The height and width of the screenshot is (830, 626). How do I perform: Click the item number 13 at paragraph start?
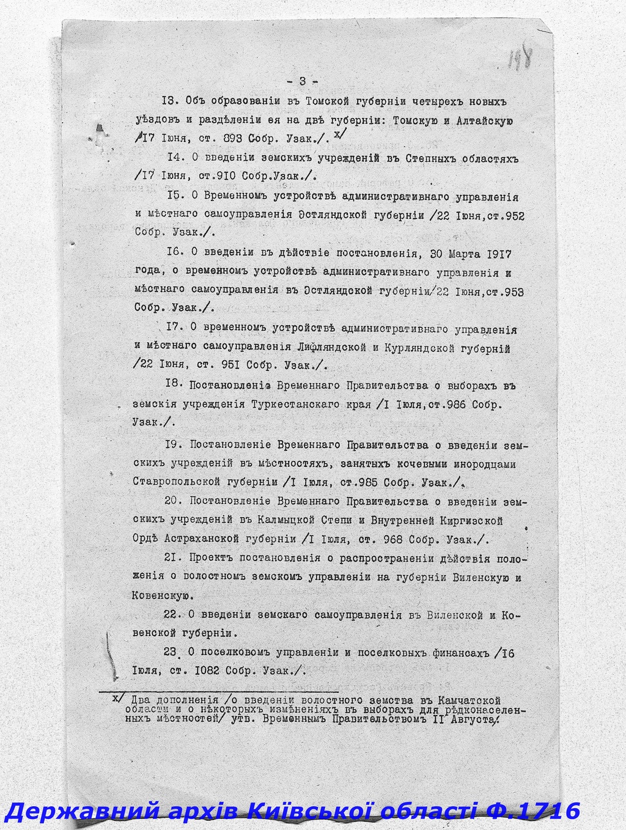pos(169,101)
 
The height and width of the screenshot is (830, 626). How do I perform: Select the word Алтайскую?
pos(485,120)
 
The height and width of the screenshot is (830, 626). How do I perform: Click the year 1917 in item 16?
pos(499,254)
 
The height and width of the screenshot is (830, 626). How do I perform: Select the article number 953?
pos(512,292)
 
